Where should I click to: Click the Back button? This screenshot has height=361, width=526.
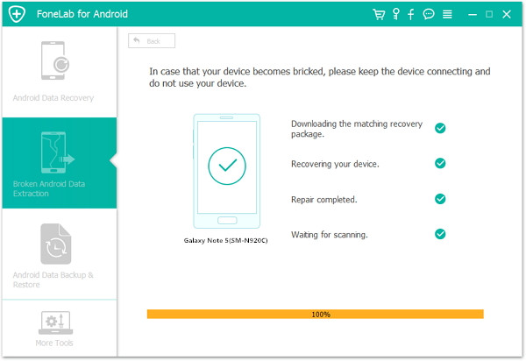(152, 41)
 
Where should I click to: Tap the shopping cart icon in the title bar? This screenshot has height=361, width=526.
(379, 14)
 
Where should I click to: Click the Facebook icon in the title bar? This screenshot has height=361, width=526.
(411, 14)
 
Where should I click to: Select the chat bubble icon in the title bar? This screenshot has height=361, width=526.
(429, 14)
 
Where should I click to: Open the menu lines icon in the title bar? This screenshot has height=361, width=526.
(447, 14)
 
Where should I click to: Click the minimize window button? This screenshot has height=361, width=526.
(473, 15)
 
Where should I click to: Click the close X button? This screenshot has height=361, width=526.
(507, 14)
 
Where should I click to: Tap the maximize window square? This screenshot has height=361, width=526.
(489, 14)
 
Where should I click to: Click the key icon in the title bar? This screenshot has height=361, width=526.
(396, 14)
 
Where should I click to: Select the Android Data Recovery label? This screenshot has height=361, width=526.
(53, 98)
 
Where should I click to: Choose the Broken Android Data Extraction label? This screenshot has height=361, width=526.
(49, 188)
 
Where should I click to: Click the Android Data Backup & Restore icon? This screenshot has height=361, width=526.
(56, 244)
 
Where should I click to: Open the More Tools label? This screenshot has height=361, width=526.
(54, 343)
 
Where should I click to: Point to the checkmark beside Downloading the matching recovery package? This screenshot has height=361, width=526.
(440, 128)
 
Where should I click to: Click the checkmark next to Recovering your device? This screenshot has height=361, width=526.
(440, 163)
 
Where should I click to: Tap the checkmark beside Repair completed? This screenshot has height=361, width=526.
(440, 199)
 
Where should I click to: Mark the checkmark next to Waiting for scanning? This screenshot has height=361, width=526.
(440, 234)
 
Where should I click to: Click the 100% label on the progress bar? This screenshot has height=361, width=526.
(321, 315)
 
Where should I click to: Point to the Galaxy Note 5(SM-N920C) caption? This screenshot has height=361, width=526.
(226, 240)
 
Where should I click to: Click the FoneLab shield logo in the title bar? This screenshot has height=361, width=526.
(17, 14)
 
